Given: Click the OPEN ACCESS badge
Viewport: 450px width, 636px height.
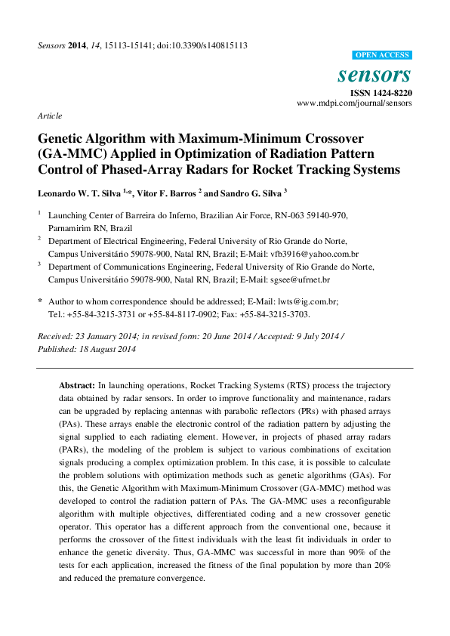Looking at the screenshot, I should (383, 55).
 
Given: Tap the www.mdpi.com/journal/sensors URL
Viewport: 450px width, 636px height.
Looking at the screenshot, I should (354, 103).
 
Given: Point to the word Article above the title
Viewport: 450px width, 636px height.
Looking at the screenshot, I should (49, 116).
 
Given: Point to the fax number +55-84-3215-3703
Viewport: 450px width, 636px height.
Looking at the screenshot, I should (274, 313).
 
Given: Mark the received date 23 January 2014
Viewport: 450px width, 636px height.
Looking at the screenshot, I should (107, 335).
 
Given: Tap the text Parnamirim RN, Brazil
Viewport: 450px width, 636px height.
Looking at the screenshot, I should (90, 227).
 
